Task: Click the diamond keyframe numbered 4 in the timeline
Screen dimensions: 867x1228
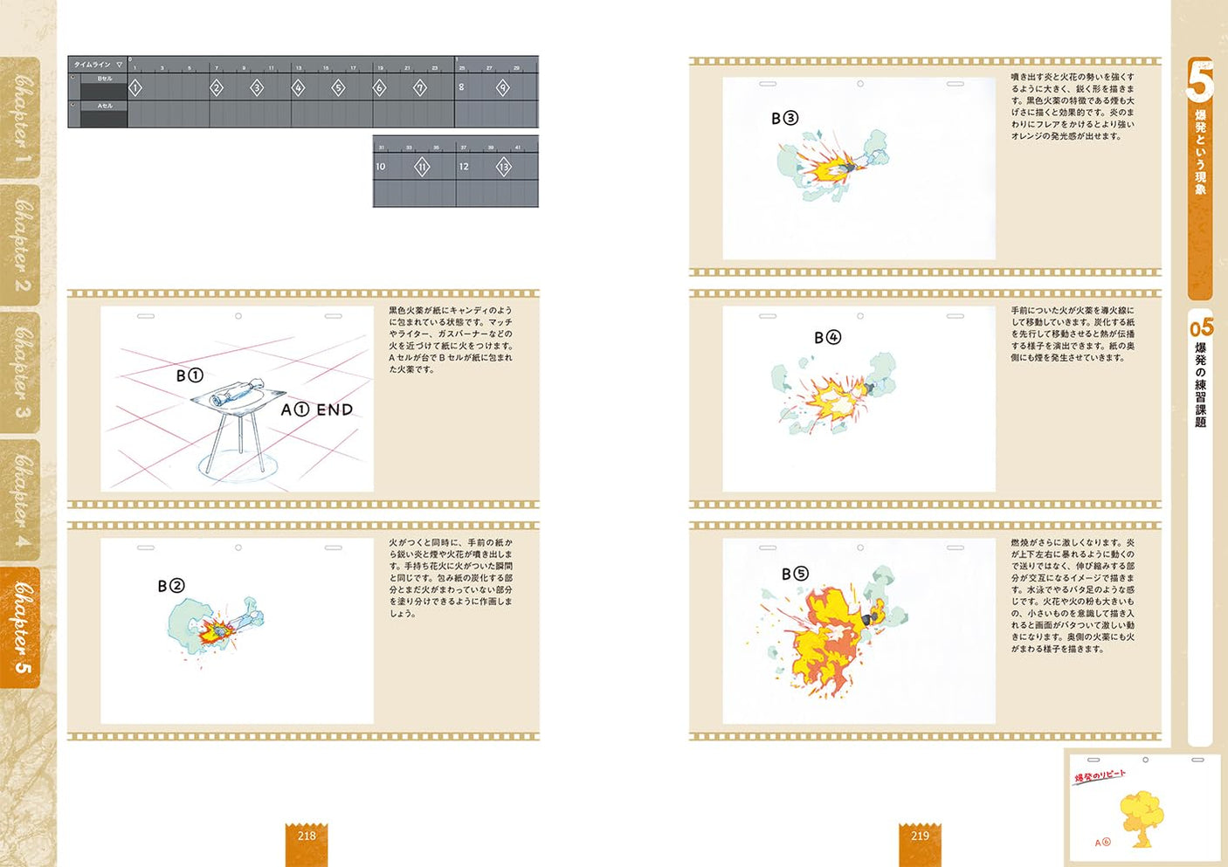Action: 298,87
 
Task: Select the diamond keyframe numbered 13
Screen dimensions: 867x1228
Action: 503,167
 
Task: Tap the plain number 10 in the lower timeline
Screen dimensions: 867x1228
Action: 380,167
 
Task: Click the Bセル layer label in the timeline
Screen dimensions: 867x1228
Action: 104,79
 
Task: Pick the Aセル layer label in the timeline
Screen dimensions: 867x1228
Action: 104,107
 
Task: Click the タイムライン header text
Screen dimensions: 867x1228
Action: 92,65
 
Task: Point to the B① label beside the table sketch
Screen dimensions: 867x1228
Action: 190,375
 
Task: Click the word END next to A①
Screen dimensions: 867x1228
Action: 335,409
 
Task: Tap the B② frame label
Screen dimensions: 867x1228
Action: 171,586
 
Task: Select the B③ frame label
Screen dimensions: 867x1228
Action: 784,118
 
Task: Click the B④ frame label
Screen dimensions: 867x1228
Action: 827,337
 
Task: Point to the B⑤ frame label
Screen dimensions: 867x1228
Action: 795,574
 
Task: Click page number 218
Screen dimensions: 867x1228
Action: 307,836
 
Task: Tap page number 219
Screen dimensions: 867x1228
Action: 920,836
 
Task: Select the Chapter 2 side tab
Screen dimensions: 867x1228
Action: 21,244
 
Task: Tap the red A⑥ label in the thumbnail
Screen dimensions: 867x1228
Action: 1102,843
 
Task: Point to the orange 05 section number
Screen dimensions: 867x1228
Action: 1201,328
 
